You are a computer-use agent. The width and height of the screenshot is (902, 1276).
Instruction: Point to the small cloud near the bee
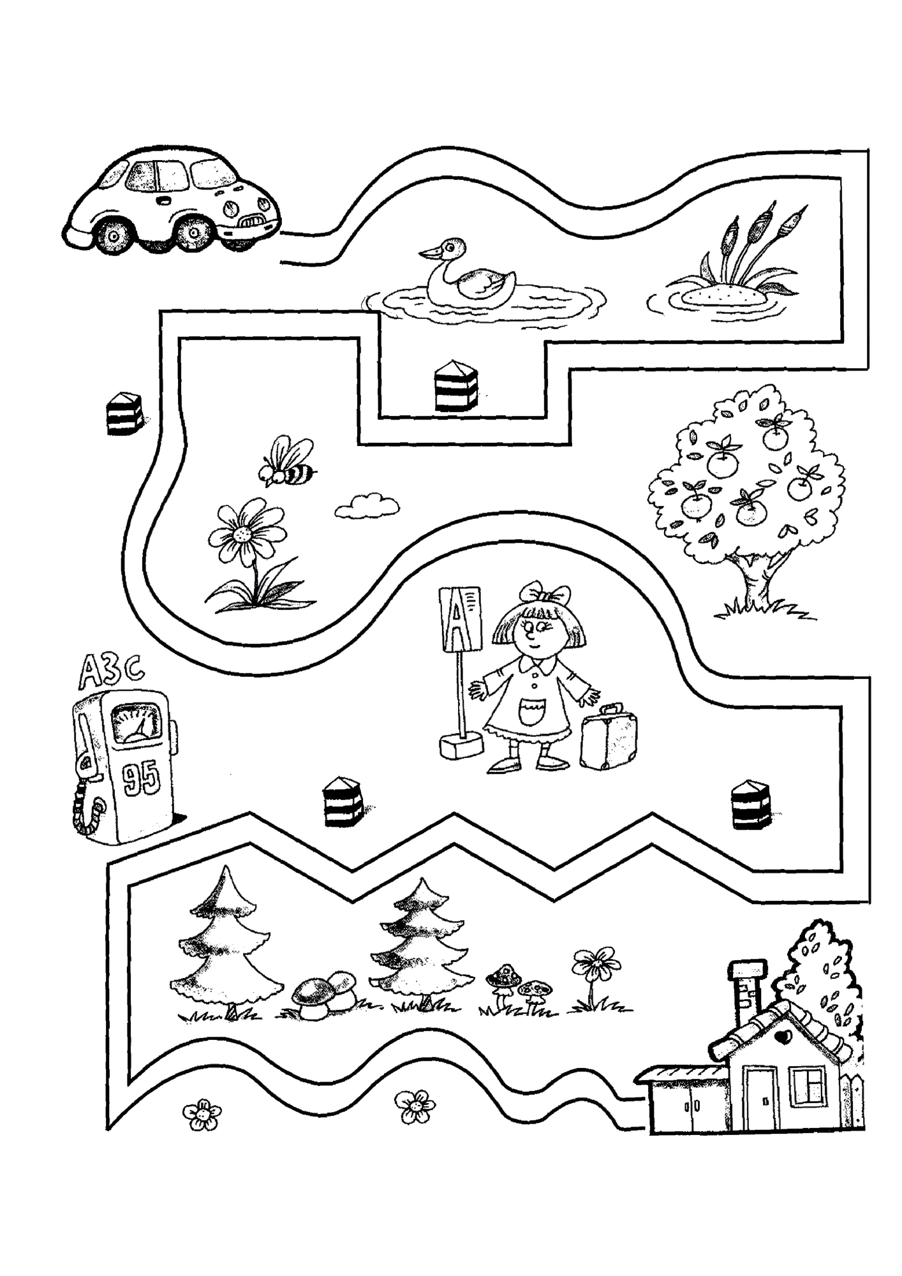pos(367,505)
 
